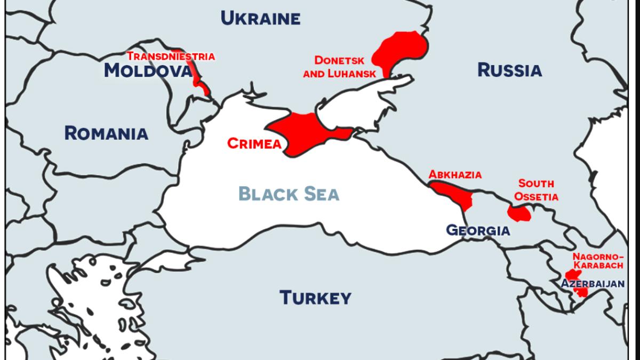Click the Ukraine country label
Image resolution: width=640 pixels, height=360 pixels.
260,19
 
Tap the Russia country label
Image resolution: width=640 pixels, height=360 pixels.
509,70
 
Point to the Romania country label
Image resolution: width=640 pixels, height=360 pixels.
106,133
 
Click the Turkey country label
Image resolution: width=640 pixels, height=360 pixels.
315,297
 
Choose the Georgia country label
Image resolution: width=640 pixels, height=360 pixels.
478,230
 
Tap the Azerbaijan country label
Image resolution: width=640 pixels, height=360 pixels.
592,284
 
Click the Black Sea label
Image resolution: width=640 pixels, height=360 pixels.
289,194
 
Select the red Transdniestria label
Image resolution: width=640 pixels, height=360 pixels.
171,56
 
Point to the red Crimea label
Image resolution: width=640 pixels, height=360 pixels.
254,143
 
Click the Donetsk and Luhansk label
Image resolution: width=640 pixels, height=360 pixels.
339,67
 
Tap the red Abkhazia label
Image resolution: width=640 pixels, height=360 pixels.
455,174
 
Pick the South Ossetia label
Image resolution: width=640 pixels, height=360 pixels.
536,190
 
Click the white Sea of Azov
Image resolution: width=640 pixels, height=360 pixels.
363,104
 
